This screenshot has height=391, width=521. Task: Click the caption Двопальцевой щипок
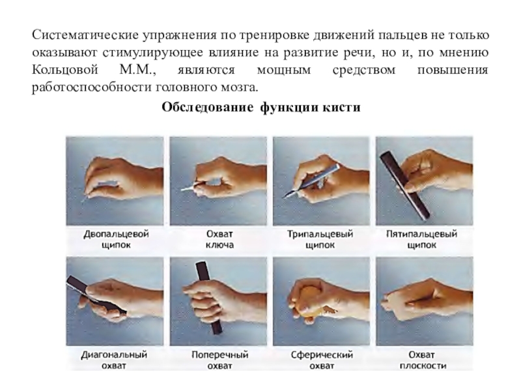(116, 239)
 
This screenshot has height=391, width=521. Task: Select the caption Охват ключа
(219, 239)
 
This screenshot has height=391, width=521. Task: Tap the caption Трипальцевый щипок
(320, 239)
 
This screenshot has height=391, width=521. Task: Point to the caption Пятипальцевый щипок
(421, 239)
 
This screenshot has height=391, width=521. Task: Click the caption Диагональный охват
(114, 360)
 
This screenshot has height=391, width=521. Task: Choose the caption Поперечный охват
(219, 360)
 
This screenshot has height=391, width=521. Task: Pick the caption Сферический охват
(322, 360)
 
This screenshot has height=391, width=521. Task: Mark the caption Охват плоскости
(423, 360)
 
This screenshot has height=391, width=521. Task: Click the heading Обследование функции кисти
(261, 108)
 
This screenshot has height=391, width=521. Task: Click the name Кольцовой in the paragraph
(65, 70)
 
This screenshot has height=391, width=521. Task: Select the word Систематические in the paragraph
(85, 35)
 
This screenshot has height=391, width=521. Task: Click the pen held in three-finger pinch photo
(311, 181)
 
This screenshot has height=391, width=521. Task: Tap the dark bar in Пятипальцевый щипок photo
(404, 186)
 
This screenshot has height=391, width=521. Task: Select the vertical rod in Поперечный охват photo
(208, 298)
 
